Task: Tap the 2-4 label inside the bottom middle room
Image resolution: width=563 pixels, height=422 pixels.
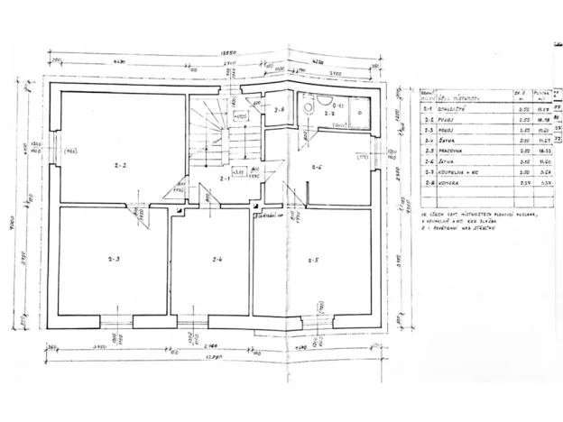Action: (x=217, y=261)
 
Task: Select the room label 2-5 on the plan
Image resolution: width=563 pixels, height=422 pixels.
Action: (x=311, y=261)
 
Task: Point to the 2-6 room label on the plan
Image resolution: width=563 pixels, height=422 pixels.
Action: (x=318, y=166)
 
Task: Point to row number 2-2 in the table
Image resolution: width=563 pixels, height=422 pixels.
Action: (x=428, y=118)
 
